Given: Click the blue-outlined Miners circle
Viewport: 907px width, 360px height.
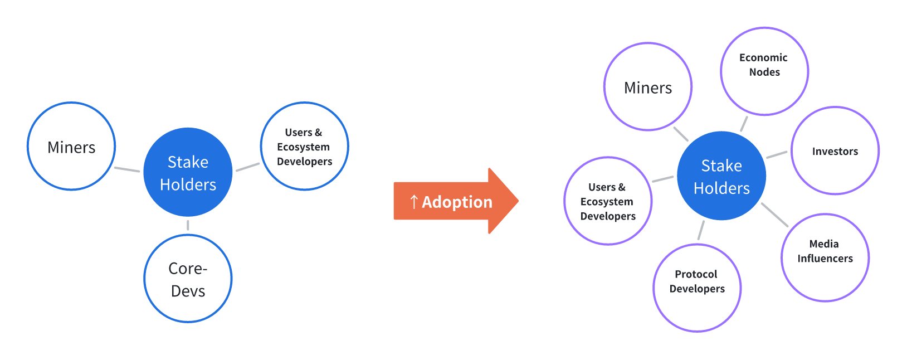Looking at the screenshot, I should point(71,146).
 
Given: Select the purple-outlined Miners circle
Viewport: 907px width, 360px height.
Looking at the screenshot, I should point(648,87).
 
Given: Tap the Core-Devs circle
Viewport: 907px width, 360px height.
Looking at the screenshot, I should point(188,279).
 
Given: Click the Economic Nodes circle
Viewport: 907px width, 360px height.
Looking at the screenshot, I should point(764,71).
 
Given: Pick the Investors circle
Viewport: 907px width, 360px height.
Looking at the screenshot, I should point(835,150).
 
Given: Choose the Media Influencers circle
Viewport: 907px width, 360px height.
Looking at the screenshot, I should point(825,257).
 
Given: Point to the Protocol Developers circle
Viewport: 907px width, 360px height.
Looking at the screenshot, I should point(697,288).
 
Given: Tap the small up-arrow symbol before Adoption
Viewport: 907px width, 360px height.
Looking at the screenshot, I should point(413,202).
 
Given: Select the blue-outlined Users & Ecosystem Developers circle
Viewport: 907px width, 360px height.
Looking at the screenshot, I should point(304,146).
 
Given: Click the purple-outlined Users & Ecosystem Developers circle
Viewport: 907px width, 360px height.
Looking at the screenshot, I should point(608,201).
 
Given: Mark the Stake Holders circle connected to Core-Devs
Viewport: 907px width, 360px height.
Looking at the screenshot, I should point(188,172).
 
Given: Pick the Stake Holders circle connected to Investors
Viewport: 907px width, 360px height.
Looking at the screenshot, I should point(721,176).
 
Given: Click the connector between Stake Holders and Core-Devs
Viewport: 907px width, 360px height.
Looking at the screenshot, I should point(188,225).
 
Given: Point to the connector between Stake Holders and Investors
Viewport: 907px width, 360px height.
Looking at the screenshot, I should point(777,154).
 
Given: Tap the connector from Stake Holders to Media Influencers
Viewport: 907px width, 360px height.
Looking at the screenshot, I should point(774,215).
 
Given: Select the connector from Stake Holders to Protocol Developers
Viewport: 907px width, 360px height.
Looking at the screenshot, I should point(701,230).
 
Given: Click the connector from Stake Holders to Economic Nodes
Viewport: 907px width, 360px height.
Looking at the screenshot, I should point(744,124).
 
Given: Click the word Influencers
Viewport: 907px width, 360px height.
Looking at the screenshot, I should point(825,259).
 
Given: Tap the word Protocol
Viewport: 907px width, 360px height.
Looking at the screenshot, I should point(696,274).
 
